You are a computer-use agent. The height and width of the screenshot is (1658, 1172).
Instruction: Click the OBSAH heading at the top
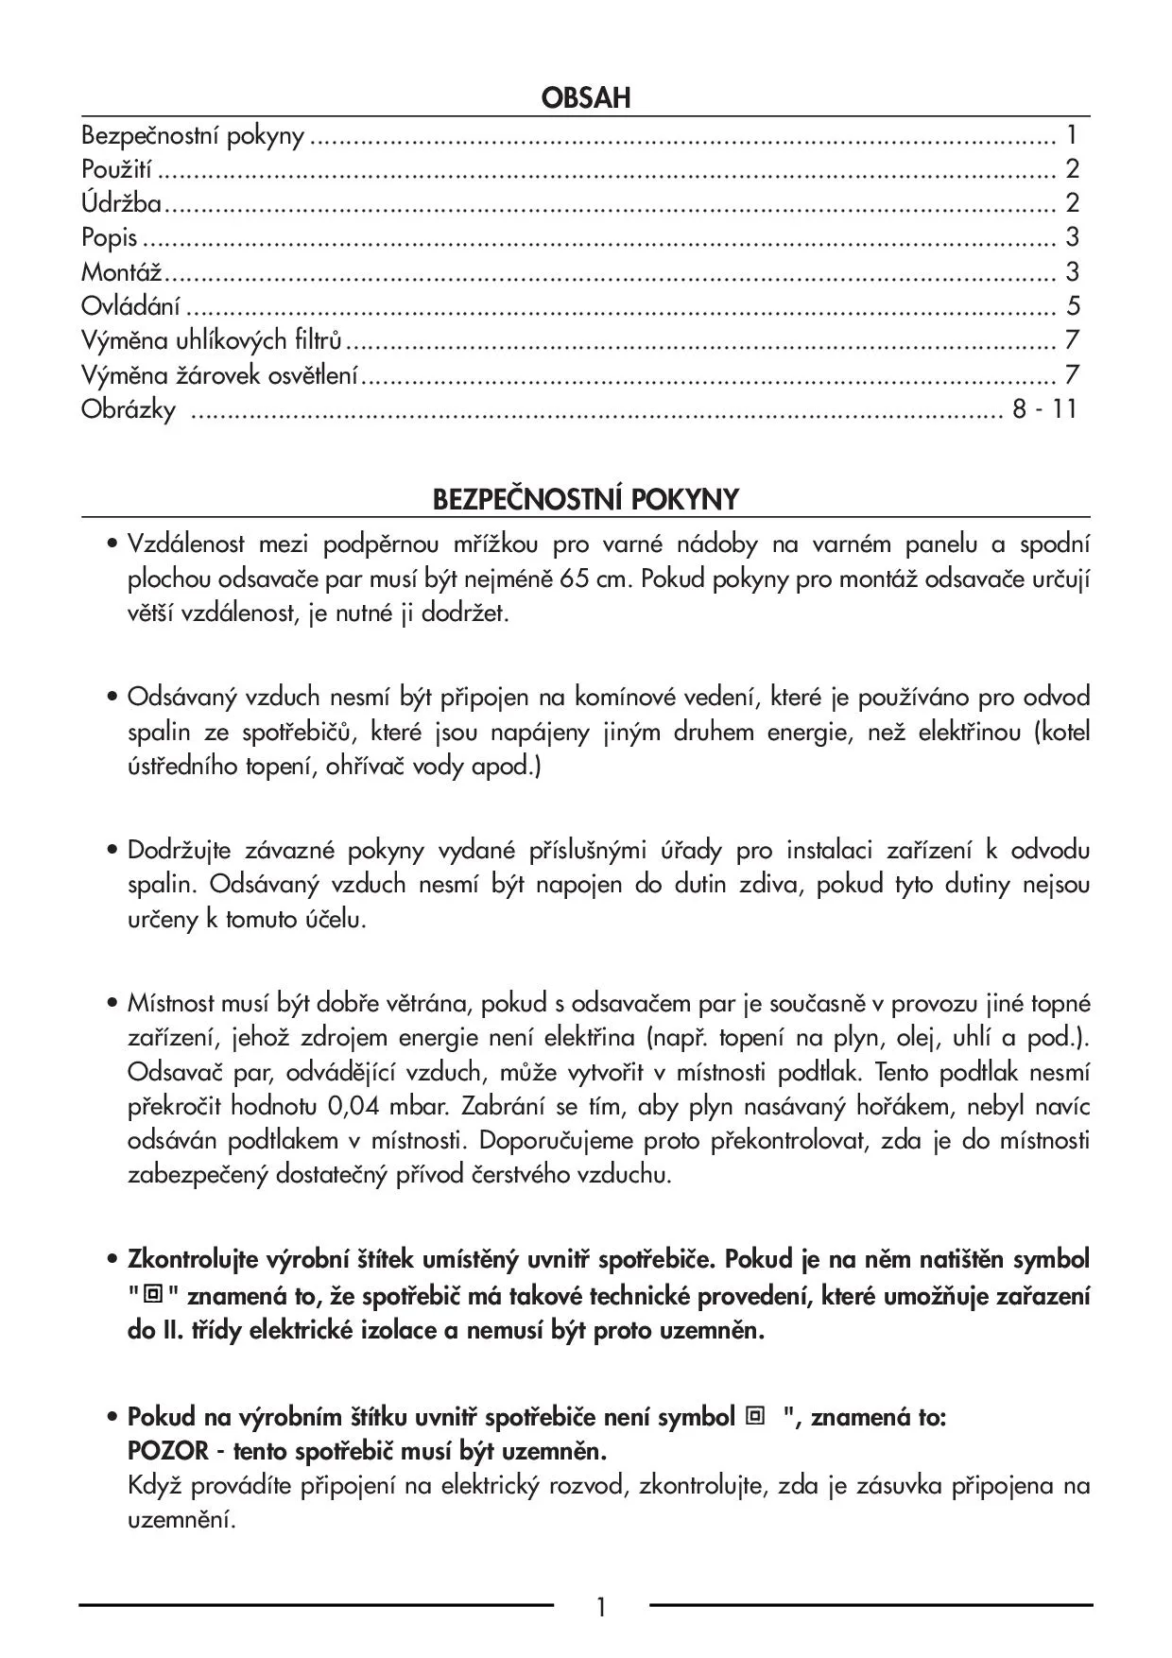(586, 98)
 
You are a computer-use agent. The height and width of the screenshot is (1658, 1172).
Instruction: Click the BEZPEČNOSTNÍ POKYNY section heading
(586, 499)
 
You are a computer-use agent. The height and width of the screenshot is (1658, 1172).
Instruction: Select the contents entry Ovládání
(131, 306)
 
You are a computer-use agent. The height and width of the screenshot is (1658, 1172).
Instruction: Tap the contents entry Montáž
(122, 272)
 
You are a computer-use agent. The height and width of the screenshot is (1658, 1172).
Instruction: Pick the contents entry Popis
(110, 237)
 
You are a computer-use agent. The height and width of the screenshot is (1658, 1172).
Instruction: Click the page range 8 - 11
(1044, 409)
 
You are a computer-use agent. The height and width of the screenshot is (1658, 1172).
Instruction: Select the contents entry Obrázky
(129, 410)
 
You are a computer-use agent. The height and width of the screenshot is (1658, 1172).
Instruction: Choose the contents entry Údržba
(121, 203)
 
